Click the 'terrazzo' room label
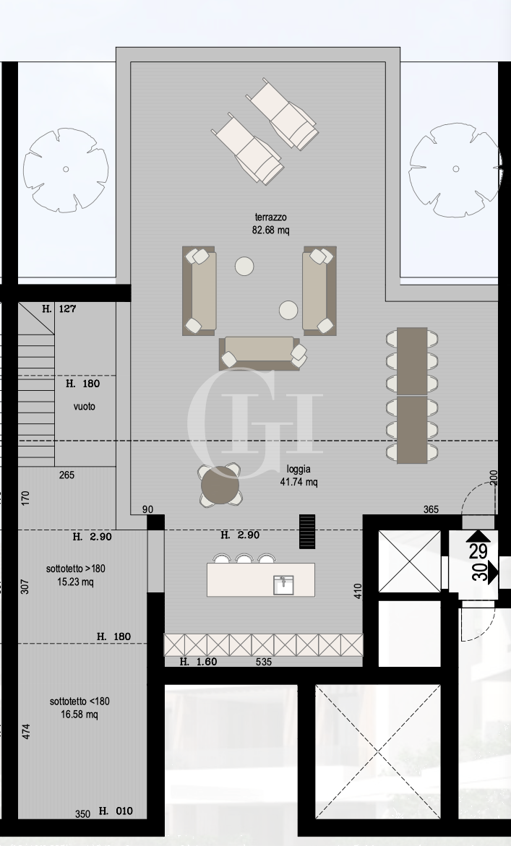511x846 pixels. pyautogui.click(x=272, y=217)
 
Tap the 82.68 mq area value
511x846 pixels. pyautogui.click(x=272, y=230)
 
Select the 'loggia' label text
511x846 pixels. pyautogui.click(x=299, y=469)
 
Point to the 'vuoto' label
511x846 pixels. pyautogui.click(x=84, y=407)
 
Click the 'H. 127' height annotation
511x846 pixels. pyautogui.click(x=59, y=308)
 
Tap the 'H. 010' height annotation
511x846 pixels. pyautogui.click(x=116, y=811)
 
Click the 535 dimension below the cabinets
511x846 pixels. pyautogui.click(x=264, y=662)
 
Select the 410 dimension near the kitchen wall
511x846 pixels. pyautogui.click(x=357, y=591)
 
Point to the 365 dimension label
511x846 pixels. pyautogui.click(x=431, y=509)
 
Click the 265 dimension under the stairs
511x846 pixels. pyautogui.click(x=66, y=475)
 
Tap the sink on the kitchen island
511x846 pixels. pyautogui.click(x=283, y=584)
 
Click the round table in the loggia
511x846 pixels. pyautogui.click(x=220, y=486)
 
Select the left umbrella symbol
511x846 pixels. pyautogui.click(x=66, y=169)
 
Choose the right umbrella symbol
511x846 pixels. pyautogui.click(x=455, y=169)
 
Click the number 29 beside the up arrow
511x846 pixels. pyautogui.click(x=478, y=551)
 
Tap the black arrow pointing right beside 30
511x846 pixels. pyautogui.click(x=493, y=574)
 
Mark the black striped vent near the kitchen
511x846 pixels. pyautogui.click(x=308, y=532)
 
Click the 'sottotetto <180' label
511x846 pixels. pyautogui.click(x=80, y=701)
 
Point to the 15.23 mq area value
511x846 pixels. pyautogui.click(x=75, y=582)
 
